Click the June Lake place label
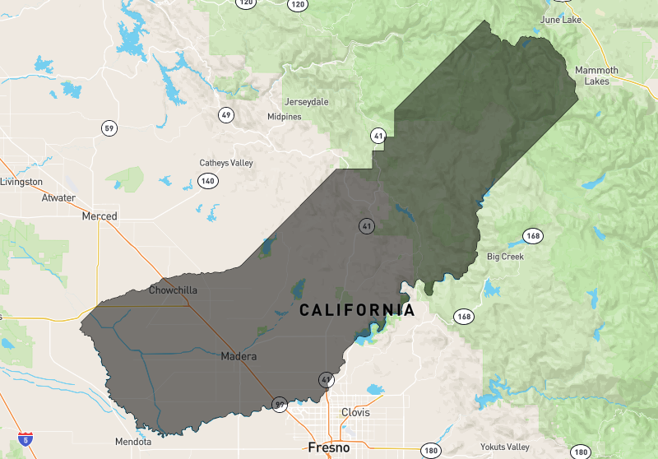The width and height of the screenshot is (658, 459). coord(560,20)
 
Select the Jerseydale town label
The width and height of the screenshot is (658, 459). coord(306,102)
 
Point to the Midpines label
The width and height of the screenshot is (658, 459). coord(285,117)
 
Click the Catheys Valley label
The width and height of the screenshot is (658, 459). coord(226,163)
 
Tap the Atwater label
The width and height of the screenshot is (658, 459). coord(58,198)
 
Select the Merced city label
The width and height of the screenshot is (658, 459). coord(100,216)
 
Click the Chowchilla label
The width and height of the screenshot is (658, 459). coord(173,290)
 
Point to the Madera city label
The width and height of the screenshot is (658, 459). coord(239,357)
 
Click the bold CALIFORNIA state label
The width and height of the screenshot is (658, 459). coord(357,311)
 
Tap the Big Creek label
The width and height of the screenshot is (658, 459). coord(505,257)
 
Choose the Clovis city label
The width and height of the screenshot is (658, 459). coord(355,412)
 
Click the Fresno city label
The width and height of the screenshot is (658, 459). coord(328,448)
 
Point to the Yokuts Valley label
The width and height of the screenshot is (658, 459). coord(505,447)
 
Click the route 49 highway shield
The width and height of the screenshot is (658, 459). coord(226,114)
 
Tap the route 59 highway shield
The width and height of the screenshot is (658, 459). coord(109,128)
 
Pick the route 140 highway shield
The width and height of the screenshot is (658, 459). coord(208,181)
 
